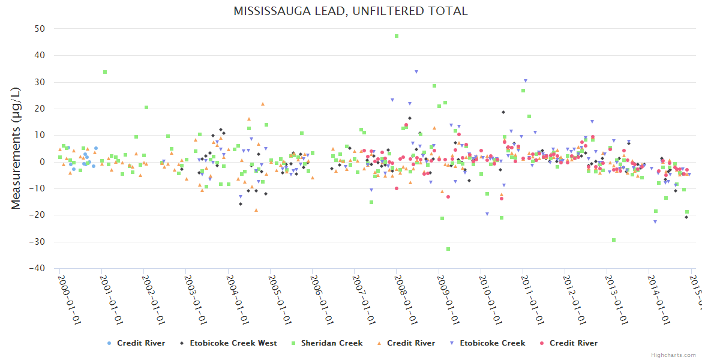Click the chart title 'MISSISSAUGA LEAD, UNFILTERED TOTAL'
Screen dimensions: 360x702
pyautogui.click(x=350, y=11)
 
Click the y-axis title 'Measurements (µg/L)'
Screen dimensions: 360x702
pyautogui.click(x=16, y=149)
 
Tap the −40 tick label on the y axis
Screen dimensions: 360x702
pyautogui.click(x=38, y=268)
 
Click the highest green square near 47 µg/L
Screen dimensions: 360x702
pyautogui.click(x=397, y=36)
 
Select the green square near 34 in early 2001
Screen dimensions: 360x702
pyautogui.click(x=105, y=72)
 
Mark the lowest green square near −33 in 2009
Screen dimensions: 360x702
pyautogui.click(x=448, y=249)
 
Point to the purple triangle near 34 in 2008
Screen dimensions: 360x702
pyautogui.click(x=416, y=72)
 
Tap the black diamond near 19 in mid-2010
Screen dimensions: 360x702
pyautogui.click(x=503, y=112)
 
